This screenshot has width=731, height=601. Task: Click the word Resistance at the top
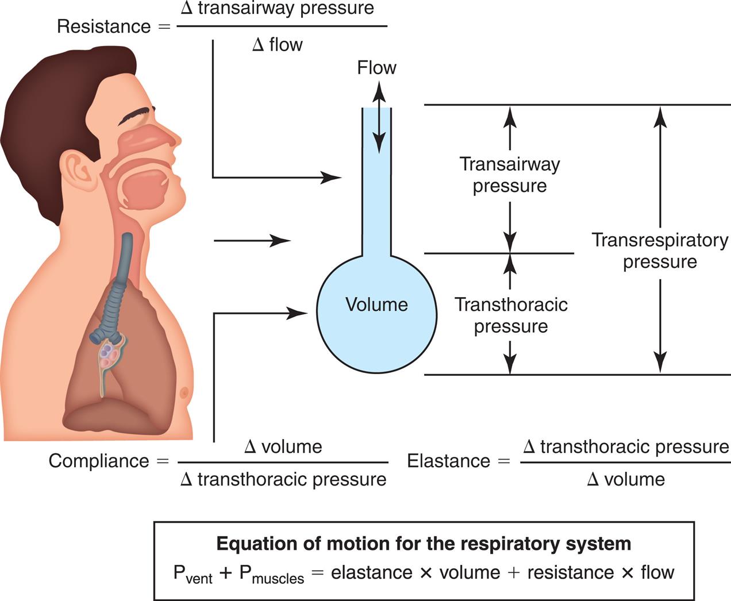coord(104,26)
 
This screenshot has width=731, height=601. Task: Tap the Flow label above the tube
coord(376,68)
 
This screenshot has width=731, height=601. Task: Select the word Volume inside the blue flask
coord(376,305)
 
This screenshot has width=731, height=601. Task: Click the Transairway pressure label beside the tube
coord(510,175)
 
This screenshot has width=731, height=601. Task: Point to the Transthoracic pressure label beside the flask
coord(511,315)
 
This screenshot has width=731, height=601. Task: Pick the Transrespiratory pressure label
coord(660,251)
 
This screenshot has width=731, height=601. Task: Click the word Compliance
coord(99,461)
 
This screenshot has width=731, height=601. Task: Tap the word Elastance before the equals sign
coord(448,461)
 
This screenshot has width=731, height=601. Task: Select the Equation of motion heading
coord(424,544)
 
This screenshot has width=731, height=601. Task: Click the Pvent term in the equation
coord(193,573)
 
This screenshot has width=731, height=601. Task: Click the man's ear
coord(78,170)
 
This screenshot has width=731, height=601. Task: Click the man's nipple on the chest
coord(184,393)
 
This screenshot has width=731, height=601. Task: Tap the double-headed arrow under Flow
coord(378,117)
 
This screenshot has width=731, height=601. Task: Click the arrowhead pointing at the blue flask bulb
coord(299,313)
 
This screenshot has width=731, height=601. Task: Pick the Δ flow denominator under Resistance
coord(278,45)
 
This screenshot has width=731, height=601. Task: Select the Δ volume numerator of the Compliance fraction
coord(283,446)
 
